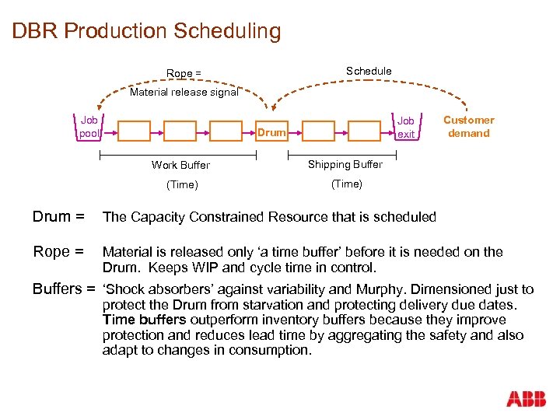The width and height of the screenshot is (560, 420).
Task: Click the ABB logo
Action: [526, 400]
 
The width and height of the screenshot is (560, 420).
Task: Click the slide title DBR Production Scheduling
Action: [146, 32]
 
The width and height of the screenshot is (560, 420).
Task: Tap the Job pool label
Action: [89, 127]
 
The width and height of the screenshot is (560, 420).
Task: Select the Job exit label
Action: [406, 127]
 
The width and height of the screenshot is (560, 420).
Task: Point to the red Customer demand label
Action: [468, 127]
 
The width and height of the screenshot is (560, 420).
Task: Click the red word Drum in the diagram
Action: [271, 132]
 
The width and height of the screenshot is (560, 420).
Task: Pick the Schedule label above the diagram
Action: [369, 71]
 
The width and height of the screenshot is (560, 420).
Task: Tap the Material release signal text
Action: [184, 92]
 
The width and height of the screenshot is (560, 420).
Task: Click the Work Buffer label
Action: [180, 165]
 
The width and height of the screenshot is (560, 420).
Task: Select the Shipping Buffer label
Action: [345, 164]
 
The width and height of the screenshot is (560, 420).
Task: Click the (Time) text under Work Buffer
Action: [182, 184]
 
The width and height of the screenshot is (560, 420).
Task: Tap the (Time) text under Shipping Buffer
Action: [346, 184]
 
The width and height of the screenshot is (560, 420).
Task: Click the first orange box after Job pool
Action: [134, 131]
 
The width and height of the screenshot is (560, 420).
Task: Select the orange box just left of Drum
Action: [226, 131]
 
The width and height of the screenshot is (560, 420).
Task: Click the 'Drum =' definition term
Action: [58, 217]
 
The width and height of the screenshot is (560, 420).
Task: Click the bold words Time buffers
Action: [144, 320]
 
